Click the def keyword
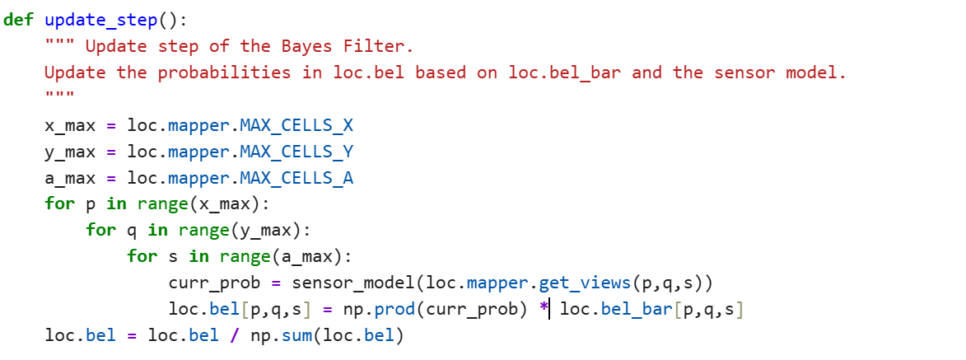coord(18,20)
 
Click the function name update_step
coord(101,21)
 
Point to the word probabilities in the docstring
coord(224,73)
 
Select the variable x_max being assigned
coord(70,126)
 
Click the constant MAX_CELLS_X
coord(296,126)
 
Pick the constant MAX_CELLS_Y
coord(296,153)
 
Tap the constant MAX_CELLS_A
coord(296,180)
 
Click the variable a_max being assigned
coord(70,180)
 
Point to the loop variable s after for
coord(173,256)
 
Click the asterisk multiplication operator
coord(543,307)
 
